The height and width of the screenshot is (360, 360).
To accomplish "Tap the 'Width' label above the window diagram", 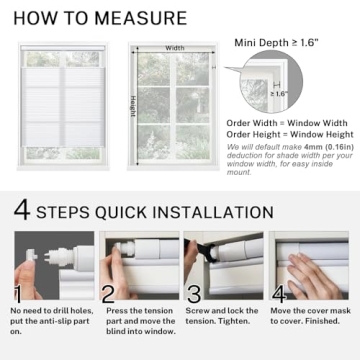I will (x=175, y=47).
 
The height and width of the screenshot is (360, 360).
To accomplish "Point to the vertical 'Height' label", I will (x=131, y=104).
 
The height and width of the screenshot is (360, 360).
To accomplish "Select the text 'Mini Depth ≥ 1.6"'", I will (x=275, y=42).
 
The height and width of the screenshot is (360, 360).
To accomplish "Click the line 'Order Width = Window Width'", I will (x=288, y=123).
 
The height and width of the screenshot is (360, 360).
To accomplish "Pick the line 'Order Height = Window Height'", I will (x=290, y=135).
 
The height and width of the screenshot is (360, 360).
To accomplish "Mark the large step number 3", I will (x=196, y=294).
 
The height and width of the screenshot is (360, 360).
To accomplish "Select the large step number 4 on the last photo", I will (x=284, y=293).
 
